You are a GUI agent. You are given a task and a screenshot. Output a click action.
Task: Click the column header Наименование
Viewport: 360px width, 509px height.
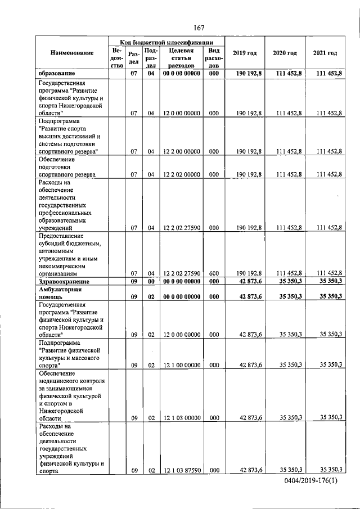(x=72, y=53)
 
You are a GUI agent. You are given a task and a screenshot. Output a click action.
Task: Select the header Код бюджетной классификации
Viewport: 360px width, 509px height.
(x=166, y=42)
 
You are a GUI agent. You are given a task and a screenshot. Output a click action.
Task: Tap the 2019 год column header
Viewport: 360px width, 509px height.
(x=245, y=53)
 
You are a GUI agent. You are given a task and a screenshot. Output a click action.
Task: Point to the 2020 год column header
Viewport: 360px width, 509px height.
(x=285, y=53)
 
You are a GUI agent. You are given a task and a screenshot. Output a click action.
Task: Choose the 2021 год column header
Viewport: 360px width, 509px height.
(x=325, y=53)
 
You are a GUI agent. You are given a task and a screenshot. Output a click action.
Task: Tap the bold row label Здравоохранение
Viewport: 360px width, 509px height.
(x=63, y=281)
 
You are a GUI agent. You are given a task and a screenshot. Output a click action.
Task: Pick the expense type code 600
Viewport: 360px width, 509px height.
(x=214, y=272)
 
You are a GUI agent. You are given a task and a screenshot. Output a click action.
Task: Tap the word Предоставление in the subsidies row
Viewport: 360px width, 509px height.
(x=61, y=236)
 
